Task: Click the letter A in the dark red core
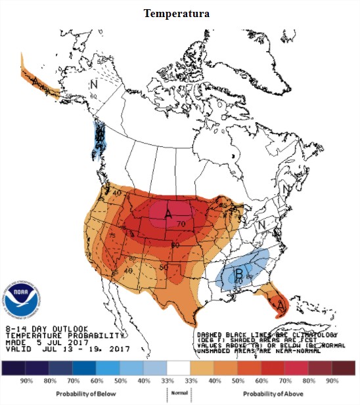(168, 214)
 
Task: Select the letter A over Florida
(281, 305)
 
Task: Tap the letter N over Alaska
(93, 83)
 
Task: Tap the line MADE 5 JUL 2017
(47, 341)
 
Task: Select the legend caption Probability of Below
(87, 393)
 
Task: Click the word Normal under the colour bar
(179, 393)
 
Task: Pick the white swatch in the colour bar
(179, 368)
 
